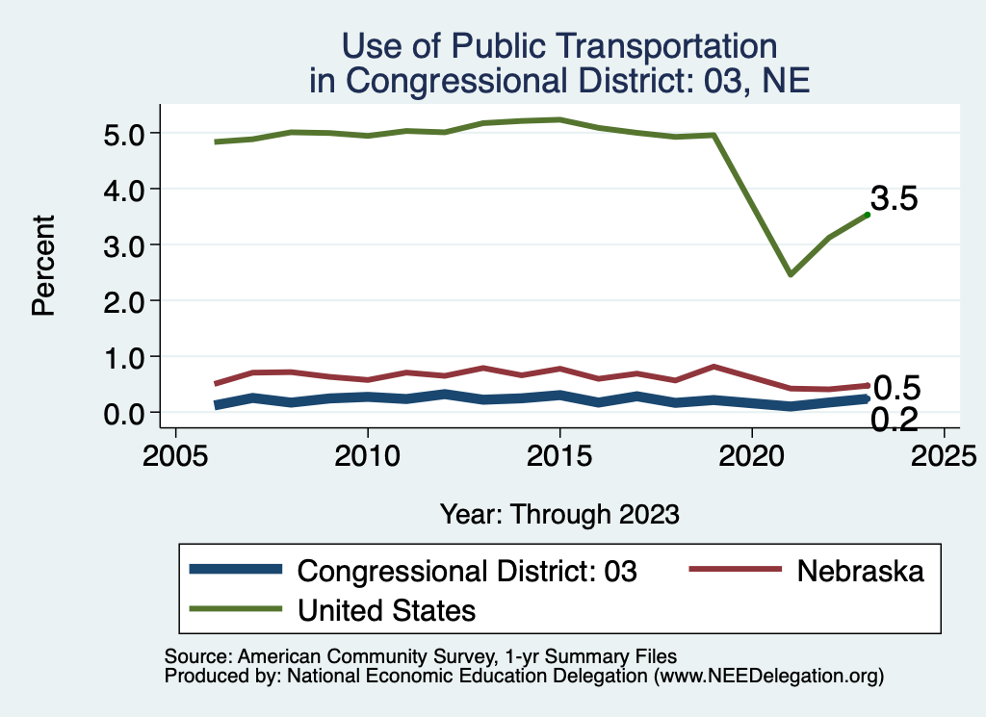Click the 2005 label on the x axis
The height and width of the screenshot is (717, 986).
(175, 453)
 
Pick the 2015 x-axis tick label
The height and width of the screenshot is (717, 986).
(559, 453)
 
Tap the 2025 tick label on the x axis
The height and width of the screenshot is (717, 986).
(944, 453)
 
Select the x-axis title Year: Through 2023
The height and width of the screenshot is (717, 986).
(559, 513)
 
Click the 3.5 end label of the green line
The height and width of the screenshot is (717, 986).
(895, 199)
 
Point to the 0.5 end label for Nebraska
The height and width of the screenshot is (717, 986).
(897, 388)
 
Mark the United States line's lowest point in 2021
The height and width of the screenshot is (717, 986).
(791, 274)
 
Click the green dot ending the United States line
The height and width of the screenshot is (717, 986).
(868, 215)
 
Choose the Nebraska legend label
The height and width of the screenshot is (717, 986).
(860, 571)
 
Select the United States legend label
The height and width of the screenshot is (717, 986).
(387, 609)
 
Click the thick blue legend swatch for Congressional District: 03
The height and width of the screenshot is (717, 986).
(237, 570)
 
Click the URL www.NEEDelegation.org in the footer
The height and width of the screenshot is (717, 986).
(769, 676)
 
